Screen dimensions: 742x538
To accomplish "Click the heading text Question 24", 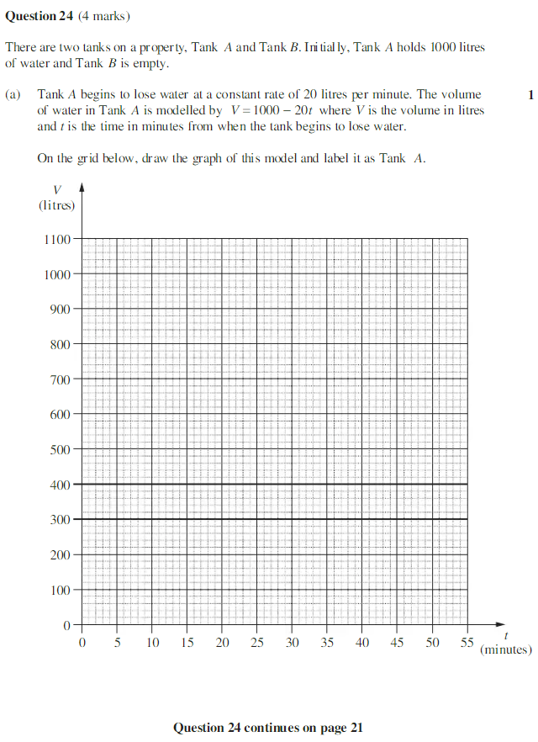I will [40, 16].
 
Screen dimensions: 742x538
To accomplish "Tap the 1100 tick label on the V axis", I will [58, 239].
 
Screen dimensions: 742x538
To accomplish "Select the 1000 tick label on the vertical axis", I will [58, 274].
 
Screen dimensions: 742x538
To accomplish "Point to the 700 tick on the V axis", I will [61, 379].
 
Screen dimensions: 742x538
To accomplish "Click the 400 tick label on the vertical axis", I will [61, 485].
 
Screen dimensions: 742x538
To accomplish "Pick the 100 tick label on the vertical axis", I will [61, 590].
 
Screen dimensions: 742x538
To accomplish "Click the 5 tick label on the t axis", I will [117, 643].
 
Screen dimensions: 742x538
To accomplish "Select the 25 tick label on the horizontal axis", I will [257, 643].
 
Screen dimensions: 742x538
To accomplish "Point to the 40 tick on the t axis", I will [362, 643].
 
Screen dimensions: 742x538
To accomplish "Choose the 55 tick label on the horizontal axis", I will [467, 643].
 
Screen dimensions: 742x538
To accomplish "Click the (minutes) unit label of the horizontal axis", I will [506, 649].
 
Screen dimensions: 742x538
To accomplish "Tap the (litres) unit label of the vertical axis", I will [56, 204].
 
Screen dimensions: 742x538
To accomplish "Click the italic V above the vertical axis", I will [56, 190].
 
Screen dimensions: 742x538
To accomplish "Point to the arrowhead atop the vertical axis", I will [82, 191].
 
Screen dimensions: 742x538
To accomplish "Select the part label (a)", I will [13, 95].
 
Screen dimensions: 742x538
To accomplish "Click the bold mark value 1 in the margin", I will [530, 95].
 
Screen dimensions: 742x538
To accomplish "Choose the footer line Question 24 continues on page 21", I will [268, 728].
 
